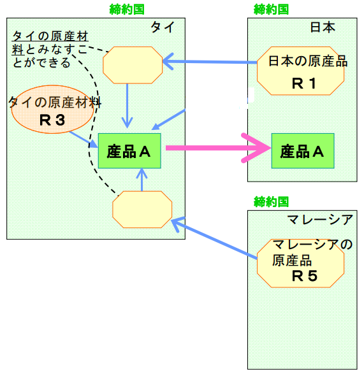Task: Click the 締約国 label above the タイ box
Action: pyautogui.click(x=127, y=10)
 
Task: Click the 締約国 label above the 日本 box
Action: pyautogui.click(x=271, y=10)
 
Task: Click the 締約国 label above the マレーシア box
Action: pyautogui.click(x=271, y=201)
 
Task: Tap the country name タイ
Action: pyautogui.click(x=163, y=27)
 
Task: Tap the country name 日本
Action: pyautogui.click(x=323, y=27)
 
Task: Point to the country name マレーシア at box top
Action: pyautogui.click(x=320, y=219)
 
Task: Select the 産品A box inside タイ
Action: pyautogui.click(x=129, y=151)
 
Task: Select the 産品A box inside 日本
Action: pyautogui.click(x=303, y=151)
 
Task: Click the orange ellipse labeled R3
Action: pyautogui.click(x=52, y=109)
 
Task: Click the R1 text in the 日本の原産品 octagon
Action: pyautogui.click(x=304, y=83)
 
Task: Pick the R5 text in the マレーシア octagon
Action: pyautogui.click(x=305, y=276)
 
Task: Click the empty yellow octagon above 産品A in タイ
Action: pyautogui.click(x=133, y=65)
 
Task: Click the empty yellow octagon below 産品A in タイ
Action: pyautogui.click(x=142, y=210)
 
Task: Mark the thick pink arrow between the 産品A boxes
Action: pyautogui.click(x=218, y=148)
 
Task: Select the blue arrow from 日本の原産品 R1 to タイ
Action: pyautogui.click(x=210, y=62)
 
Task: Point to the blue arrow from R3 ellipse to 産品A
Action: pyautogui.click(x=84, y=140)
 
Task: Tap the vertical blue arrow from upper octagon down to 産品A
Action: pyautogui.click(x=127, y=106)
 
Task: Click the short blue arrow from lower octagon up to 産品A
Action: pyautogui.click(x=142, y=180)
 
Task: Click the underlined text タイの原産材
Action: pyautogui.click(x=50, y=36)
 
